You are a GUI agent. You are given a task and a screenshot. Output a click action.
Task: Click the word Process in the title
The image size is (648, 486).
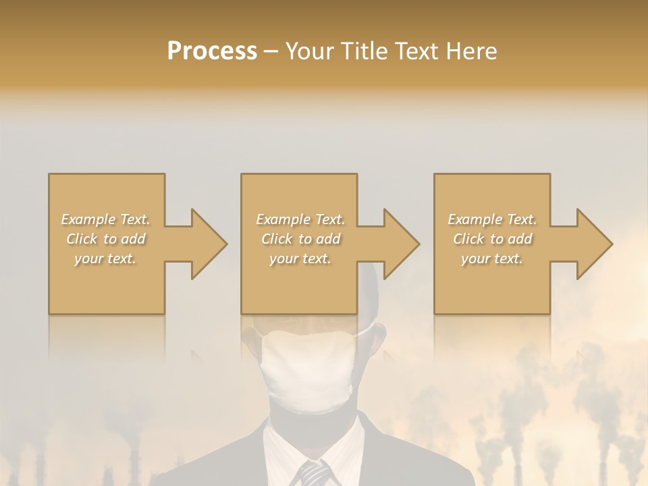(x=212, y=51)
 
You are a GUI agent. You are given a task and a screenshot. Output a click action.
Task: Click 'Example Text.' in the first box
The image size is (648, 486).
(x=106, y=219)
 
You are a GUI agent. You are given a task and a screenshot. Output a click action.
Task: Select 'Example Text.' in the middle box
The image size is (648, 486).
(x=300, y=219)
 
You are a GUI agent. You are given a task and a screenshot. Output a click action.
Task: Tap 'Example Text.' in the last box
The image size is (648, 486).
(x=492, y=219)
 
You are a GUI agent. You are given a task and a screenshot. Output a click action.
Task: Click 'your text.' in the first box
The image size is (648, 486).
(x=106, y=259)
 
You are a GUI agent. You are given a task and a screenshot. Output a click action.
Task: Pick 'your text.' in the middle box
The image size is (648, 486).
(x=300, y=259)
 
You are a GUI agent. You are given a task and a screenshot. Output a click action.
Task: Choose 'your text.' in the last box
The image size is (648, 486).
(x=492, y=259)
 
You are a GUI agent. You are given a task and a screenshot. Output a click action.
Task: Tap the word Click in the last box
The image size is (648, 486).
(x=469, y=239)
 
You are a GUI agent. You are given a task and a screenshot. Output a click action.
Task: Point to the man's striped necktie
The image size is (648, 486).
(x=315, y=473)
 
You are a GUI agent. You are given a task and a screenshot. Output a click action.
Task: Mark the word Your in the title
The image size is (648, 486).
(x=310, y=51)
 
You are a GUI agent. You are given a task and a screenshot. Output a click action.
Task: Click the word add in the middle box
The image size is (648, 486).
(x=328, y=239)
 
